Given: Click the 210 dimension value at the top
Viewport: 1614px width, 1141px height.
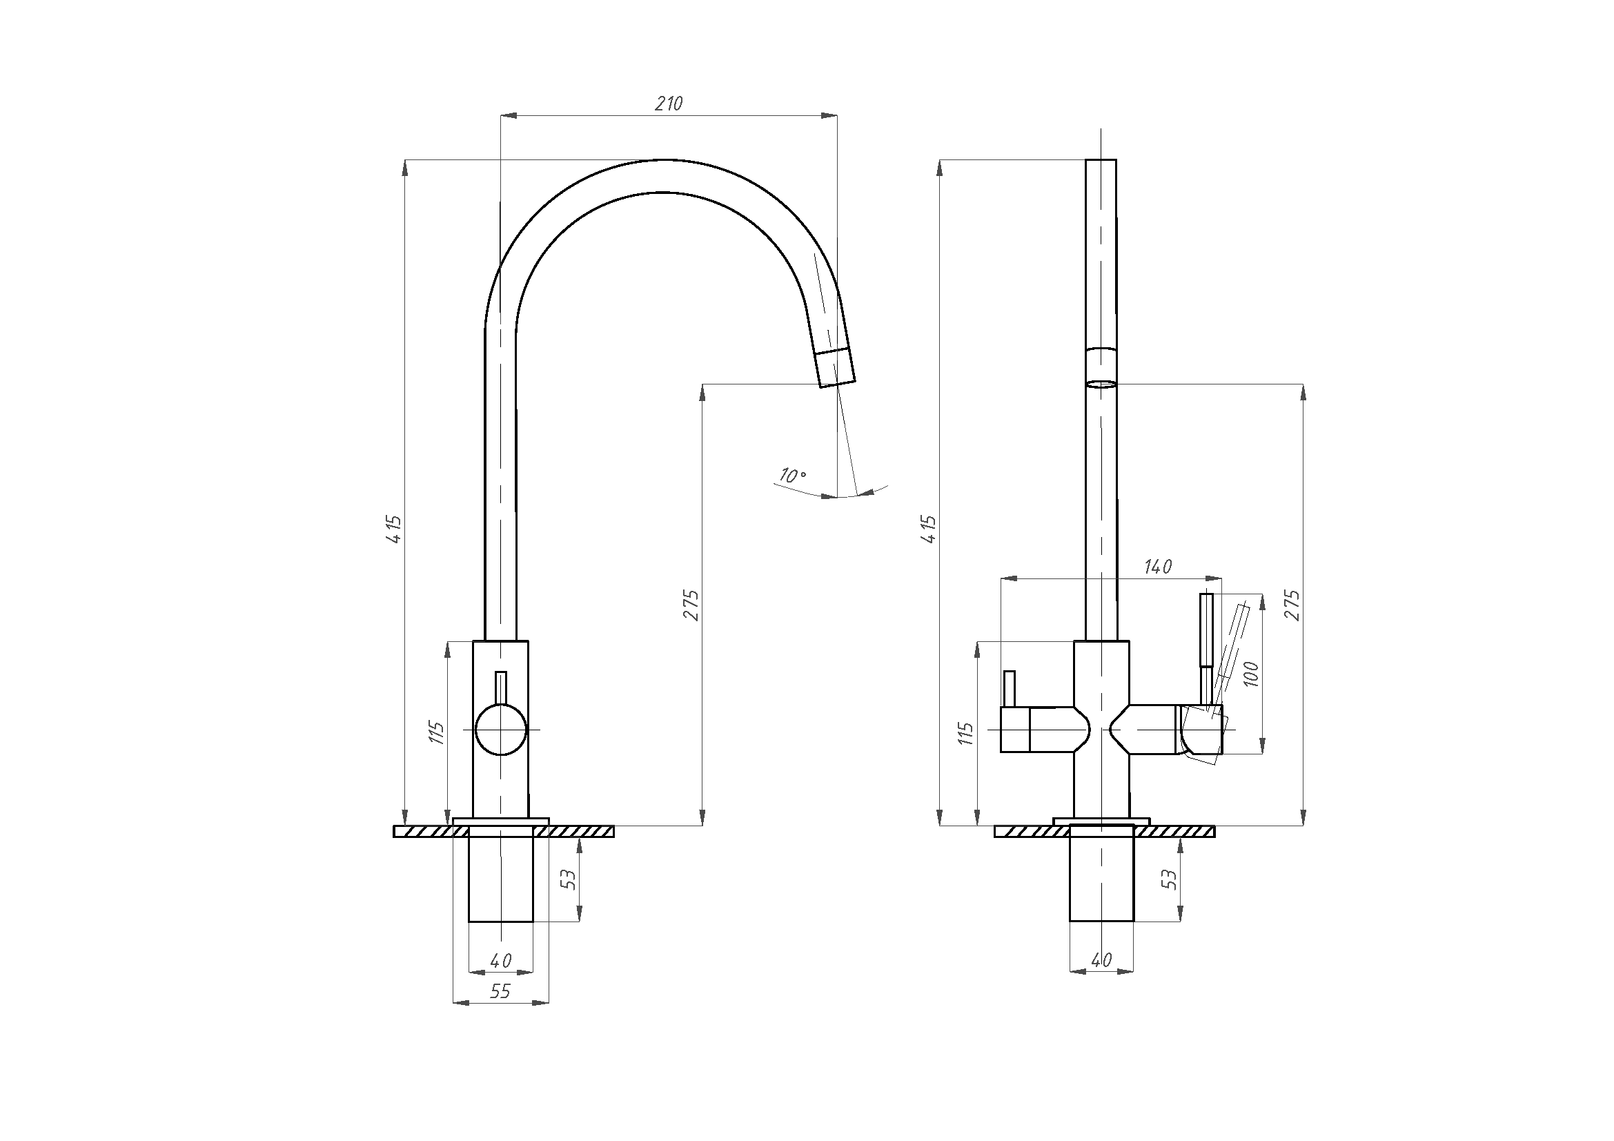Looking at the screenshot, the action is point(669,104).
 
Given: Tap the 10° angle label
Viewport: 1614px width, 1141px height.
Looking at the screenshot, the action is point(792,475).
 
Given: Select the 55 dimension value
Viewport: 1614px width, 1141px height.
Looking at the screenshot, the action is point(500,991).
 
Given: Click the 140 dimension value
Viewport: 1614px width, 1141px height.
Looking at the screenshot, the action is point(1158,567).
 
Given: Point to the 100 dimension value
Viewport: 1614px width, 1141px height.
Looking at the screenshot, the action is point(1250,674).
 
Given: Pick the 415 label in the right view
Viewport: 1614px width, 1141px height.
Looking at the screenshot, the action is point(929,529).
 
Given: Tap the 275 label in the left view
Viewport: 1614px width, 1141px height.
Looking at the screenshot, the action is point(691,605).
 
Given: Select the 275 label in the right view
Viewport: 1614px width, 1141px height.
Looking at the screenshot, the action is point(1292,605).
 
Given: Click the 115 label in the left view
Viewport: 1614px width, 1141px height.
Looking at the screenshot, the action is point(437,733).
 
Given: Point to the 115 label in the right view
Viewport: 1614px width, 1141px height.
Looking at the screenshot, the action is point(966,733).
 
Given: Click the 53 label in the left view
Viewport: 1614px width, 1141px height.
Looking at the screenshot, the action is point(569,879).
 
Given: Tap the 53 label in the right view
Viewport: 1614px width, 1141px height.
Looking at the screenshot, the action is point(1170,879).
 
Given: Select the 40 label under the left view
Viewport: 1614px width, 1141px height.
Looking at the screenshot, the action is point(500,959).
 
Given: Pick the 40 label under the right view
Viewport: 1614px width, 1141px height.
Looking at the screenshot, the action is point(1101,959).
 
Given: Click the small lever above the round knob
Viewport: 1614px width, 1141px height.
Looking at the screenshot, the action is point(501,687).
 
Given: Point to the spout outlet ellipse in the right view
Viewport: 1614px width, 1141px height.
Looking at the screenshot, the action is point(1101,384).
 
